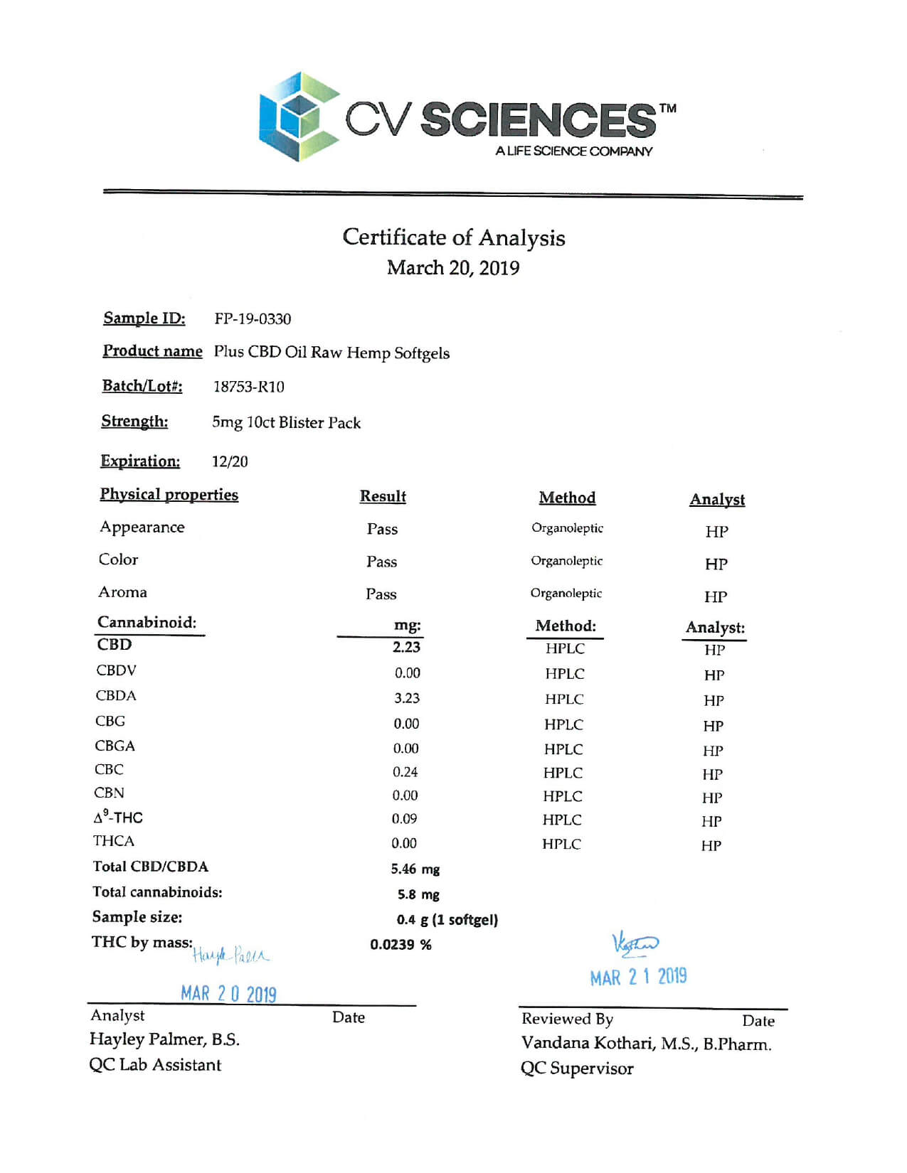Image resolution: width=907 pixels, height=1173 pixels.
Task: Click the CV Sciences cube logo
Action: pos(299,116)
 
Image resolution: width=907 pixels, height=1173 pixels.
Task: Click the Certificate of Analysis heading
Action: pos(453,237)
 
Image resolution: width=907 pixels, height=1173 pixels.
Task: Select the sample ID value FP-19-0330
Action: pos(253,319)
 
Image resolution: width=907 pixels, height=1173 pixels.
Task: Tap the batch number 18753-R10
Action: pos(248,387)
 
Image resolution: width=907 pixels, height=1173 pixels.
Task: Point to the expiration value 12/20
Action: pos(230,461)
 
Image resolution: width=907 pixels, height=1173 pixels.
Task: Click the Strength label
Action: pos(134,422)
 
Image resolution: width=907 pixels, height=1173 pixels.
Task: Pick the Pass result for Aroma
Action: pos(381,594)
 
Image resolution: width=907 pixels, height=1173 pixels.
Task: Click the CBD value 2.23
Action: pos(406,647)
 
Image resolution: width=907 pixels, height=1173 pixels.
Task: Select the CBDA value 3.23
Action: pos(407,698)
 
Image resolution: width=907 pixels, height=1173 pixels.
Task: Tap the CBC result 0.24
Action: pos(405,772)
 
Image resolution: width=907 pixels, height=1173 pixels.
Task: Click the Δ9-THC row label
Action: pos(118,817)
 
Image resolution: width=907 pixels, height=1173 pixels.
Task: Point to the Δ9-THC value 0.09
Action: pos(404,819)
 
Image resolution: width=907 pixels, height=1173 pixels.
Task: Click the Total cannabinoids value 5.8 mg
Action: pos(418,894)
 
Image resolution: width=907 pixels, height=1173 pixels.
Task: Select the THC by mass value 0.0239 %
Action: pos(401,945)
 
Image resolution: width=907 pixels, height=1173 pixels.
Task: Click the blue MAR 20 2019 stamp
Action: pos(228,993)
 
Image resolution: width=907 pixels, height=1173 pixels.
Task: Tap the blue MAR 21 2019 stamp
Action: pos(638,977)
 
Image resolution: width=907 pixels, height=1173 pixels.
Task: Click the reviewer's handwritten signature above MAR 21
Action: pos(635,944)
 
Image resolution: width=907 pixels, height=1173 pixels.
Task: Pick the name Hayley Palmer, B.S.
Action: pos(164,1039)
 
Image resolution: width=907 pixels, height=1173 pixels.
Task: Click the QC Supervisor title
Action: pos(576,1068)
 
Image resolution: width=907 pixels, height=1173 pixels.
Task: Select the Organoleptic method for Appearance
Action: pos(567,528)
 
